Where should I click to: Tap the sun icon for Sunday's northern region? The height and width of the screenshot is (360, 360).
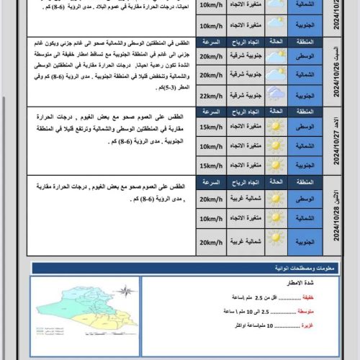[276, 147]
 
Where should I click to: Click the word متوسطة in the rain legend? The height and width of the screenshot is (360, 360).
[305, 311]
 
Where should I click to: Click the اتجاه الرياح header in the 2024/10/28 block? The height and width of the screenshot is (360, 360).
[244, 182]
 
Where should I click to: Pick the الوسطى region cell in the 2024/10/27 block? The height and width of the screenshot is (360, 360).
[307, 128]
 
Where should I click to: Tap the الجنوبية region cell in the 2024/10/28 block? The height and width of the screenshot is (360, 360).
[307, 242]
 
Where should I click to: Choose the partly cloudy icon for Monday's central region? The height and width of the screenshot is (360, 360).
[276, 198]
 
